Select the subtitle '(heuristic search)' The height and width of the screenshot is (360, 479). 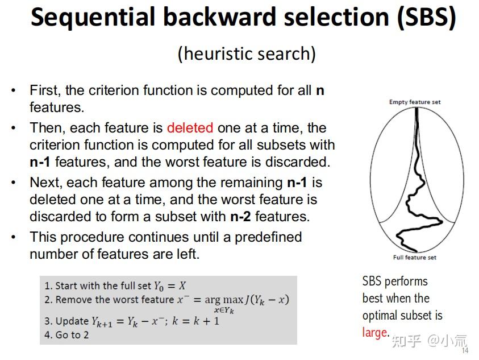point(247,53)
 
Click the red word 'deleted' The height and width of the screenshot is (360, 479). point(190,127)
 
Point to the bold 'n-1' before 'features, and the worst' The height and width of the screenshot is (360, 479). point(40,162)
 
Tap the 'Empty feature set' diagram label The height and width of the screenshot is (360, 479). point(415,102)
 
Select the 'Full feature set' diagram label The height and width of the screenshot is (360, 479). point(415,258)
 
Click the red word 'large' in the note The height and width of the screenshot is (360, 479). point(375,332)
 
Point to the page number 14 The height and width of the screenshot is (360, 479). point(465,351)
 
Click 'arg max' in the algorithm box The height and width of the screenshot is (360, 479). point(221,300)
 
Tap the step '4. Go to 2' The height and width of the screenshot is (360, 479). point(66,335)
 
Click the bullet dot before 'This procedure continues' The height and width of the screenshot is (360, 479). point(14,237)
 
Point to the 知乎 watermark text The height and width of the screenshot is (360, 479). point(406,341)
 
